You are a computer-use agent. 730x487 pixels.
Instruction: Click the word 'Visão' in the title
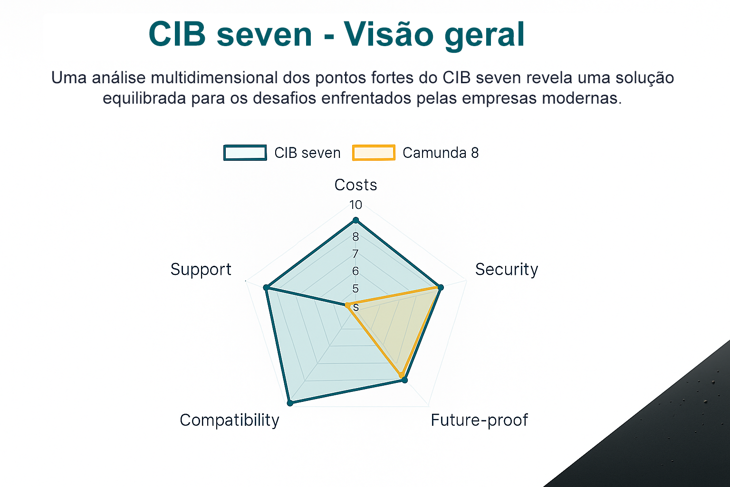coord(388,34)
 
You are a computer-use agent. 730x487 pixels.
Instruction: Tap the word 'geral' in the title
coord(485,36)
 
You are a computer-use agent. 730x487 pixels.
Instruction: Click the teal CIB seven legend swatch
coord(245,153)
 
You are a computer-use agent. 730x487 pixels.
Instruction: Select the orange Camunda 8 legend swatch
coord(374,153)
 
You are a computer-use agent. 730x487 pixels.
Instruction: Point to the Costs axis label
coord(355,185)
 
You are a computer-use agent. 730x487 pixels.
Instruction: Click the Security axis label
coord(507,270)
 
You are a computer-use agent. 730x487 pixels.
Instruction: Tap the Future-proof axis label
coord(479,420)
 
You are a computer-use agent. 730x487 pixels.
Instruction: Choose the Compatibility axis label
coord(230,420)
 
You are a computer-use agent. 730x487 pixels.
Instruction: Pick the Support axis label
coord(201,270)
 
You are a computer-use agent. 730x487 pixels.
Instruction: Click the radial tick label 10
coord(355,205)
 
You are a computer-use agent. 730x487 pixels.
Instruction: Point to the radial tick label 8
coord(355,237)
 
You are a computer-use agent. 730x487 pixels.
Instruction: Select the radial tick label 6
coord(355,271)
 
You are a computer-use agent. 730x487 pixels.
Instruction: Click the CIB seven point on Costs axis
coord(356,221)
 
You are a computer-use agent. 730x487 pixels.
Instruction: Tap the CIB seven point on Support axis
coord(266,288)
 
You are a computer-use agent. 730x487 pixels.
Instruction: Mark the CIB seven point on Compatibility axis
coord(290,403)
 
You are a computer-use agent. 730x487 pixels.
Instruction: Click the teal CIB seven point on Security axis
coord(441,287)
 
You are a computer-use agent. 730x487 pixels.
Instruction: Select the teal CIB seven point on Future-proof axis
coord(404,380)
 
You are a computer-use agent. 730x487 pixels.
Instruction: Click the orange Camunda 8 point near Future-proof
coord(402,375)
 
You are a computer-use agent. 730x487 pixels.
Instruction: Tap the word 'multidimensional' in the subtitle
coord(214,78)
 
